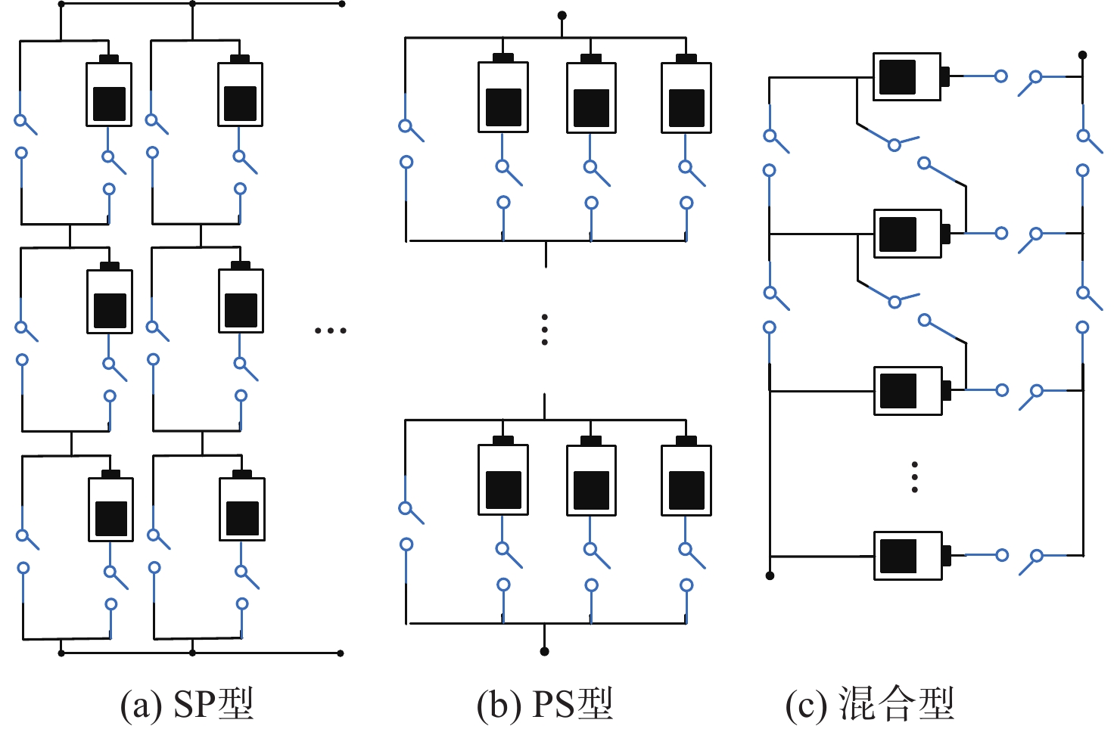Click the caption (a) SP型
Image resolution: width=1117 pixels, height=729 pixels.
[x=187, y=704]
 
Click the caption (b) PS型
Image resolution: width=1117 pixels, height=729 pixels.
[x=544, y=704]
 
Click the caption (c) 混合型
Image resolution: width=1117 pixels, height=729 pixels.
[x=870, y=704]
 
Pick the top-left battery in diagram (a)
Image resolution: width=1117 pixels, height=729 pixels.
[x=109, y=92]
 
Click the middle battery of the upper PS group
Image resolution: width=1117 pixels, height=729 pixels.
[x=591, y=95]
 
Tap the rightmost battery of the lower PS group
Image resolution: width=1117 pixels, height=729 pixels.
[x=686, y=478]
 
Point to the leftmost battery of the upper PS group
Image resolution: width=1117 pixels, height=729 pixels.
[x=503, y=95]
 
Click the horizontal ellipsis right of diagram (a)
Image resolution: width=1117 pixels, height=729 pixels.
[x=330, y=330]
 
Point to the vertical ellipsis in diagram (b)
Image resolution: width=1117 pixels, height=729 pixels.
[x=545, y=330]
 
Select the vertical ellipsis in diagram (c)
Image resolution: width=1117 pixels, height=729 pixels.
[x=915, y=477]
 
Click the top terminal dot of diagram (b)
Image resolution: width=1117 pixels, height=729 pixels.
[x=562, y=15]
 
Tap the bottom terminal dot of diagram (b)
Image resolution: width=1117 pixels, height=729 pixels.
[x=544, y=651]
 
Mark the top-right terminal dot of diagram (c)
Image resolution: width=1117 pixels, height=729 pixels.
[x=1083, y=55]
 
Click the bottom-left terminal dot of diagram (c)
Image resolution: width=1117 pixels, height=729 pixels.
[x=770, y=575]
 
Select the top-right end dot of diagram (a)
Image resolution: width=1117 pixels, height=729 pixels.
[x=342, y=4]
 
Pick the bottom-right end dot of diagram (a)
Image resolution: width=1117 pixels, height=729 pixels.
[x=341, y=653]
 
